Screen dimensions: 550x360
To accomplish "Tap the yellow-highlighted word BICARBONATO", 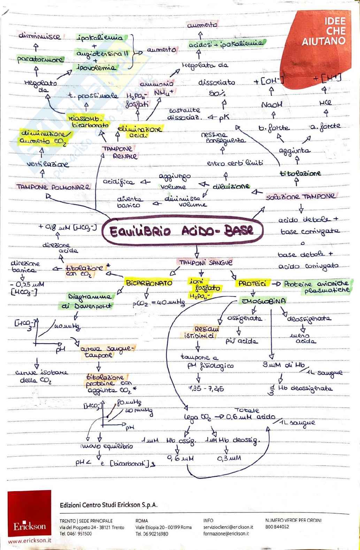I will coord(149,283).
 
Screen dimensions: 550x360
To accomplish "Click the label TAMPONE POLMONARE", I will coord(53,187).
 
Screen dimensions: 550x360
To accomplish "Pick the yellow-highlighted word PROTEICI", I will coord(252,284).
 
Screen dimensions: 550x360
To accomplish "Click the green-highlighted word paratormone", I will coord(40,60).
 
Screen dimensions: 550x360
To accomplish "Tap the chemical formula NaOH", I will coord(271,104).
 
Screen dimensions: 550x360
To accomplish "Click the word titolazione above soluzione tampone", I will coord(300,173).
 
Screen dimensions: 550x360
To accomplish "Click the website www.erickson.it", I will coord(30,541).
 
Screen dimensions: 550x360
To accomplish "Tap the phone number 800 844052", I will coord(277,527).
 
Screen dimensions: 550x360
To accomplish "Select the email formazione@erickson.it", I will coord(226,533).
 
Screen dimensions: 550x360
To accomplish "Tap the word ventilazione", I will coord(48,164).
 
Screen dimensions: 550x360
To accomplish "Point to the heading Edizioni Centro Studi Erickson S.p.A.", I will coord(109,505).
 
